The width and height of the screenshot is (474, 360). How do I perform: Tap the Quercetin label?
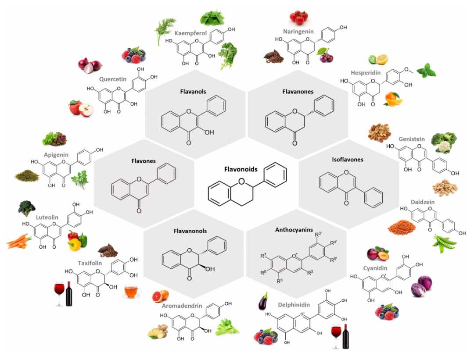(113, 79)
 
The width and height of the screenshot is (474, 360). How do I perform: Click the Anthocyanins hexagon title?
(294, 229)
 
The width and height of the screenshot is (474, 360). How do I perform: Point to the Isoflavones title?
(348, 160)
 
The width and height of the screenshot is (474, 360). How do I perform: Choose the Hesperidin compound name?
(366, 72)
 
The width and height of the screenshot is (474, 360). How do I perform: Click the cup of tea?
(132, 290)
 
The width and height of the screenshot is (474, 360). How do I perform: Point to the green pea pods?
(443, 243)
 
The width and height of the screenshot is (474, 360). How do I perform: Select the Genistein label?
(411, 139)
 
